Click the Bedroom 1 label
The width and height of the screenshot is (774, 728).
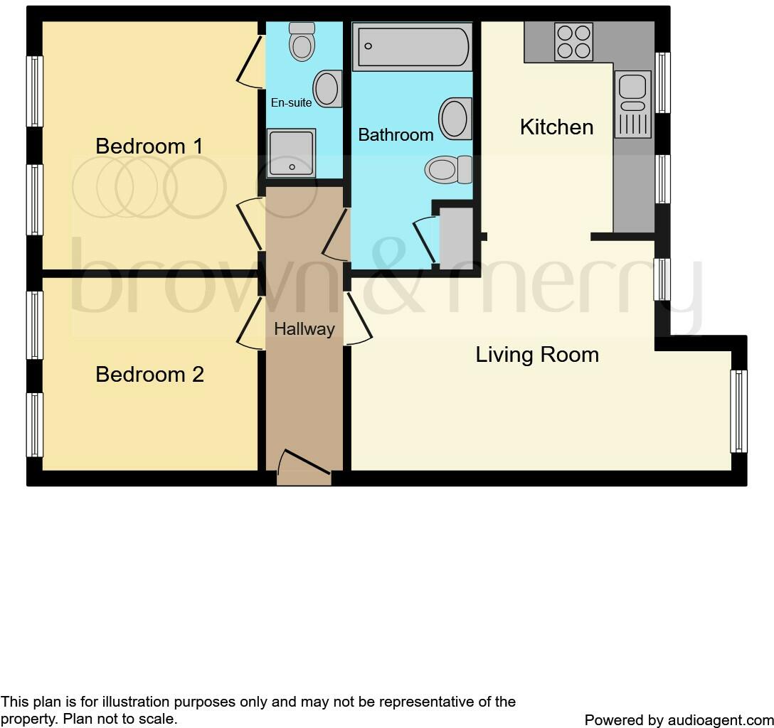[149, 146]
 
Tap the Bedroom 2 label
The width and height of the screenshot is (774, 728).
[149, 375]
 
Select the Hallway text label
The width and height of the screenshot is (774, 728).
[304, 329]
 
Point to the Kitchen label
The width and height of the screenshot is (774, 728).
[556, 127]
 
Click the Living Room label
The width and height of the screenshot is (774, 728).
[537, 355]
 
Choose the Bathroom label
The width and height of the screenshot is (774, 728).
[396, 135]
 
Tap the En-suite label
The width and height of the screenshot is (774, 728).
[291, 102]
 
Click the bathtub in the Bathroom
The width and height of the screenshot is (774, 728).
[413, 46]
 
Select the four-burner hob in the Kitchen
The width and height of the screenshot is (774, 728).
[573, 42]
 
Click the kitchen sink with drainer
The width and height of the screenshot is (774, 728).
[632, 104]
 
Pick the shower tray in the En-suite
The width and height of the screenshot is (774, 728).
[291, 153]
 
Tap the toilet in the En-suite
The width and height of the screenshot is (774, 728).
[302, 41]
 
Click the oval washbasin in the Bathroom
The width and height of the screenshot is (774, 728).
[455, 118]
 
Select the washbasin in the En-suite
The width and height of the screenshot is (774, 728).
[327, 89]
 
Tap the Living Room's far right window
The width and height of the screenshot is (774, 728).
[739, 411]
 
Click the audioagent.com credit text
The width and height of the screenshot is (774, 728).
[678, 719]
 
